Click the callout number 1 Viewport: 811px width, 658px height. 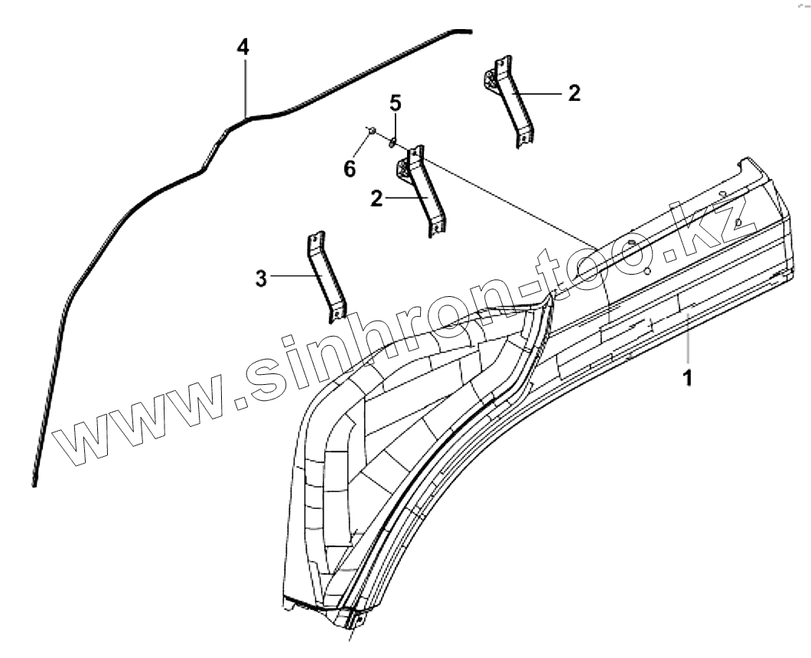click(x=687, y=377)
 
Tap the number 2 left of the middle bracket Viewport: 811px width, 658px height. click(x=376, y=198)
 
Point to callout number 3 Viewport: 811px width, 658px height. click(x=262, y=279)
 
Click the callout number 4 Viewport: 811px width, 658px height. click(x=243, y=47)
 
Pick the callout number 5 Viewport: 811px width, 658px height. click(x=395, y=103)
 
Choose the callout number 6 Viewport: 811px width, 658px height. click(x=350, y=169)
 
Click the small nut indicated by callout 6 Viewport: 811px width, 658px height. click(x=370, y=132)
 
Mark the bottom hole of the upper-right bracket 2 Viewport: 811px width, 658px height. click(x=524, y=139)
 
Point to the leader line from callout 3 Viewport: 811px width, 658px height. click(x=290, y=276)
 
